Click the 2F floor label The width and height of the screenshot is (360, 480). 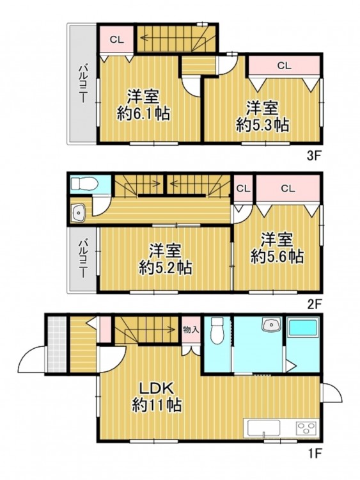pyautogui.click(x=313, y=304)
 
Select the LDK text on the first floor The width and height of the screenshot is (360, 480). pyautogui.click(x=157, y=388)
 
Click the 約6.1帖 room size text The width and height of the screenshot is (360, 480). pyautogui.click(x=143, y=113)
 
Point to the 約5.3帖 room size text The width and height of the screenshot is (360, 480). pyautogui.click(x=263, y=125)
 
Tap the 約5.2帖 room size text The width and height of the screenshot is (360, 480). pyautogui.click(x=166, y=268)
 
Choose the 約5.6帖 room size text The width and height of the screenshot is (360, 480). pyautogui.click(x=277, y=256)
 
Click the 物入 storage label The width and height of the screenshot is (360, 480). pyautogui.click(x=191, y=330)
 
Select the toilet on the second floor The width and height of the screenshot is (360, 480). pyautogui.click(x=84, y=184)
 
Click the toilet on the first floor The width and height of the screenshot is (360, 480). pyautogui.click(x=217, y=331)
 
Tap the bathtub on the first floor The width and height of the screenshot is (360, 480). pyautogui.click(x=303, y=327)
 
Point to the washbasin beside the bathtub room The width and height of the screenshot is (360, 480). pyautogui.click(x=271, y=324)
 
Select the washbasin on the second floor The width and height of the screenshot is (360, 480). pyautogui.click(x=79, y=212)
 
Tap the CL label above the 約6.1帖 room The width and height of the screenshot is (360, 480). pyautogui.click(x=117, y=40)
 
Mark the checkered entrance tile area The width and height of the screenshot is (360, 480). pyautogui.click(x=57, y=344)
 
